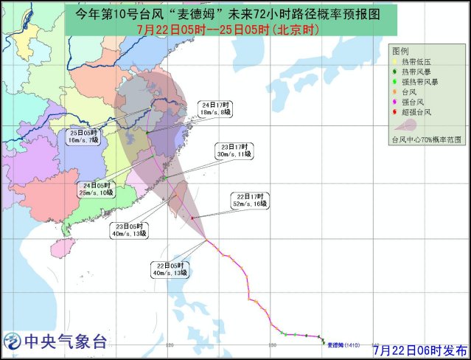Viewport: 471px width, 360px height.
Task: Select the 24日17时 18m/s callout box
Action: tap(216, 108)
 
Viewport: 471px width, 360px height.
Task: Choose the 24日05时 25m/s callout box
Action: tap(97, 189)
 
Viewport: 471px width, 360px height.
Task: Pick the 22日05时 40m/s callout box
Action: tap(171, 269)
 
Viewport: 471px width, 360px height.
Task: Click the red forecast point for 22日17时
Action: tap(192, 218)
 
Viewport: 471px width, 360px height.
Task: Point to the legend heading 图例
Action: tap(401, 50)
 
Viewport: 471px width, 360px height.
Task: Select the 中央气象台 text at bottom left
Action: tap(66, 342)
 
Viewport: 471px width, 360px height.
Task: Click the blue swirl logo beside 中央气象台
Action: tap(12, 342)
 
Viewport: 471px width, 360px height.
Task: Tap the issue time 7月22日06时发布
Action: tap(419, 349)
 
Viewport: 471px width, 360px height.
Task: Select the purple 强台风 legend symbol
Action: tap(395, 102)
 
